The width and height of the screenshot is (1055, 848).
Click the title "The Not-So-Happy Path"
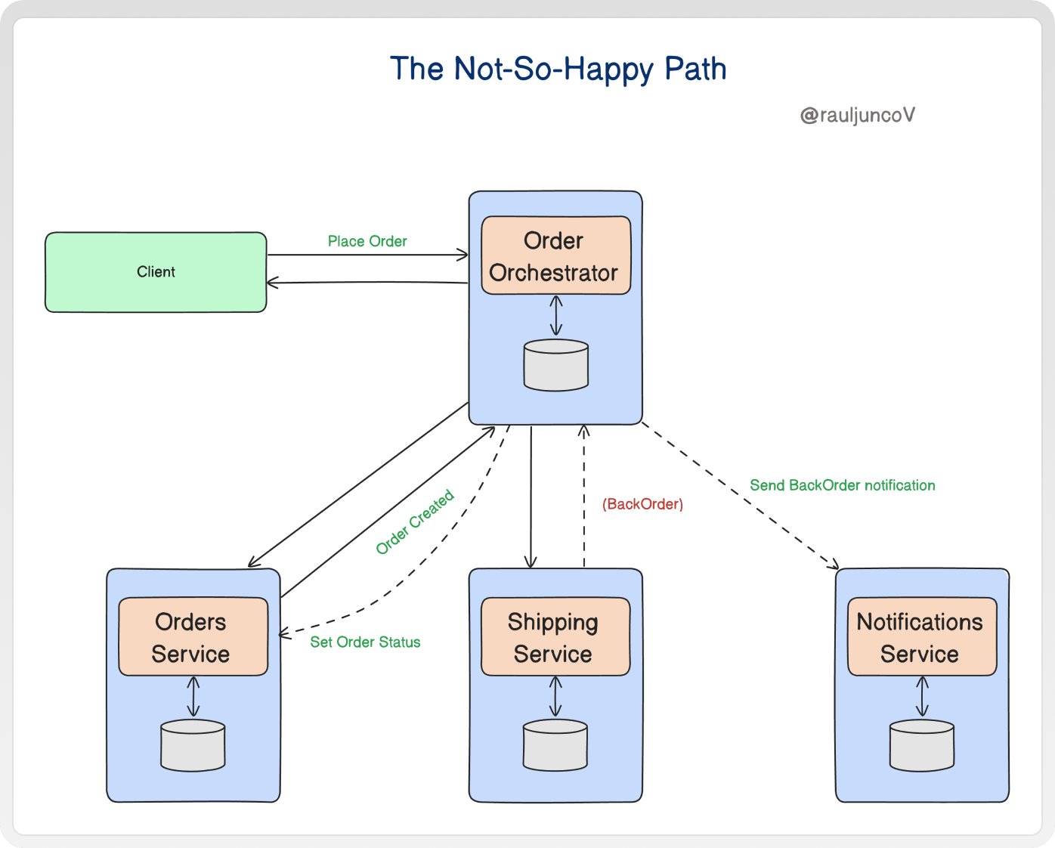558,69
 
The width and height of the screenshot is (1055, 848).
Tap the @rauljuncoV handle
858,115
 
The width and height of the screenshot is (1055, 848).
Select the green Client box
156,272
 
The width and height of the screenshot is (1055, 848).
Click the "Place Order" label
367,241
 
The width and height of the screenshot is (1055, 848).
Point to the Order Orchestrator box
556,255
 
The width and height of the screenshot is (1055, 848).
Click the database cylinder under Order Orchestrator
556,365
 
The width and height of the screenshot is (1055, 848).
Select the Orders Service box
193,636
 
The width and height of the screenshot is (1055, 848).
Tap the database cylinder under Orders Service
193,745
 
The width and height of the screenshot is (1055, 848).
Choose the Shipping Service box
555,636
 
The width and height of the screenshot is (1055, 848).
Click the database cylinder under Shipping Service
555,745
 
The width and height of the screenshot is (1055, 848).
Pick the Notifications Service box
922,636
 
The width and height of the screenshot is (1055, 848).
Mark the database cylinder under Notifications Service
922,745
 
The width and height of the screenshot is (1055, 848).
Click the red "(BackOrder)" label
642,504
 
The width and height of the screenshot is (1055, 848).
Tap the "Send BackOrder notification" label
842,485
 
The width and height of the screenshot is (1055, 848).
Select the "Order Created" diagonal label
415,521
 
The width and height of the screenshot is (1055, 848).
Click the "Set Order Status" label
365,642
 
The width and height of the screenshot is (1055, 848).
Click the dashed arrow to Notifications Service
741,495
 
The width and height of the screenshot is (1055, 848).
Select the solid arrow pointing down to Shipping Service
531,497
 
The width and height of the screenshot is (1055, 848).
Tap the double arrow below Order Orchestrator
556,315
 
